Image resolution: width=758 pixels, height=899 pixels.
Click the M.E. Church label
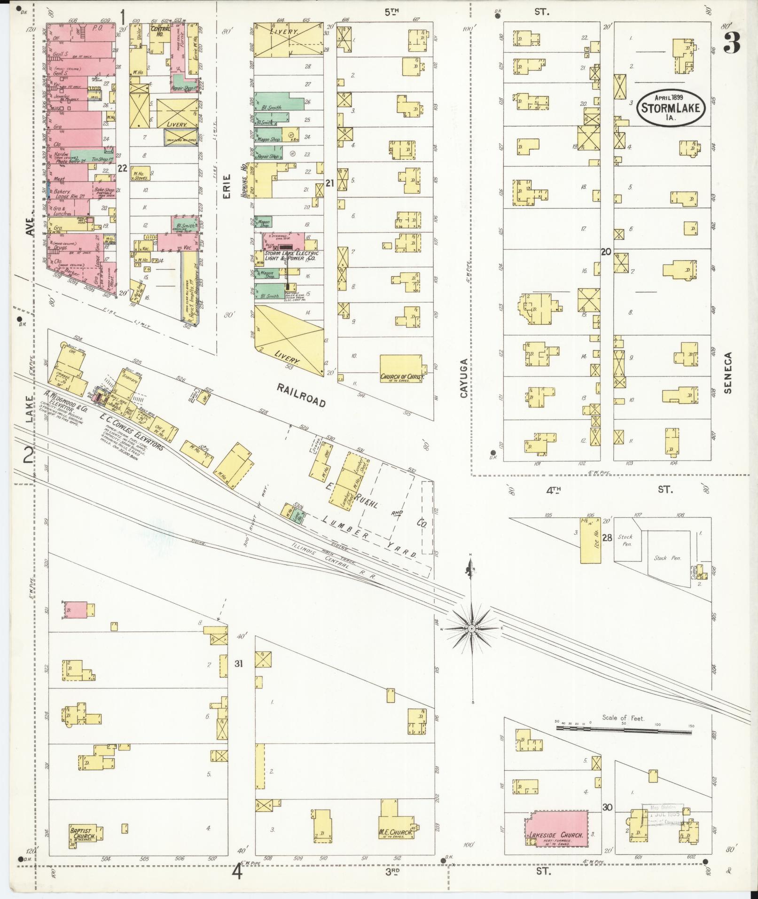point(396,832)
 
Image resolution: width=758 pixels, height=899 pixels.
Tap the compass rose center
point(471,628)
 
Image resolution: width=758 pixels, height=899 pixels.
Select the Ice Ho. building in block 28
point(591,540)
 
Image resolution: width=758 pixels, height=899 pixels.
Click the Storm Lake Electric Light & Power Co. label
point(291,256)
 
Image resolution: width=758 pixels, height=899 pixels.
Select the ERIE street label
point(227,186)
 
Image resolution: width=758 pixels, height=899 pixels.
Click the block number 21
point(329,183)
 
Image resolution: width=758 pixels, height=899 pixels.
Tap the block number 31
point(239,664)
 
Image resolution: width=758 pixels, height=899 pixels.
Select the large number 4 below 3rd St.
point(237,872)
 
